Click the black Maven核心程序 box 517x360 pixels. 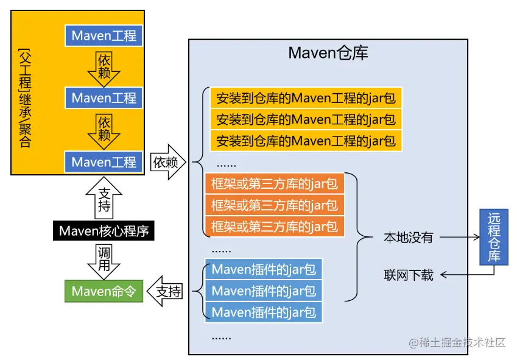coord(104,231)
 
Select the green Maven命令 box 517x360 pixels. coord(104,291)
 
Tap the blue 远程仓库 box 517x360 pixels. coord(494,237)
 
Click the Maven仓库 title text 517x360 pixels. coord(328,54)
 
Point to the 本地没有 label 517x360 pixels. coord(408,237)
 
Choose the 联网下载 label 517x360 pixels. coord(408,275)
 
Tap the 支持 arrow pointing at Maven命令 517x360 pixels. coord(166,292)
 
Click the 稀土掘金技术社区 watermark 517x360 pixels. coord(457,342)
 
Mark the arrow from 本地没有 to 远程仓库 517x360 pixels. coord(457,237)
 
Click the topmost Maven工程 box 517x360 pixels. coord(104,35)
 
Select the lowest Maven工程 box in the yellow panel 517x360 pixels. coord(104,162)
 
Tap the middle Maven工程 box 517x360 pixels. coord(104,97)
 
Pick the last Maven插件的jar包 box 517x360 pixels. coord(264,313)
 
